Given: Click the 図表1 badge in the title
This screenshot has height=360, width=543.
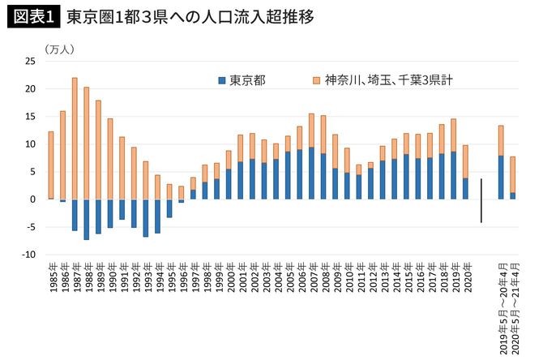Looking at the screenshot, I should pyautogui.click(x=33, y=16).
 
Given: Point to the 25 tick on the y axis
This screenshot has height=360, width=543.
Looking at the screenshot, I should pyautogui.click(x=30, y=62).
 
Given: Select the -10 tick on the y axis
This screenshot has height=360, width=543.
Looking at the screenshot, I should pyautogui.click(x=28, y=255).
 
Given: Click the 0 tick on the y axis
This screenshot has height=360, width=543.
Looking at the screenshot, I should pyautogui.click(x=32, y=199).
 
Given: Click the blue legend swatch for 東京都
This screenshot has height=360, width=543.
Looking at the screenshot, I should pyautogui.click(x=221, y=81).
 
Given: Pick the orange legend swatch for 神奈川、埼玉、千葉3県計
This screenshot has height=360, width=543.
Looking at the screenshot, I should pyautogui.click(x=314, y=81).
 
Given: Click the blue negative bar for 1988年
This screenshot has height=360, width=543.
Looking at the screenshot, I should pyautogui.click(x=87, y=219).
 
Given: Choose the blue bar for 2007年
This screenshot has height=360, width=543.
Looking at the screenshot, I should pyautogui.click(x=311, y=173).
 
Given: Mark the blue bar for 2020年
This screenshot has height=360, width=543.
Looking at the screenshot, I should pyautogui.click(x=466, y=188).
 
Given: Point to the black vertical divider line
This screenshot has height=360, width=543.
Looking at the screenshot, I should pyautogui.click(x=481, y=200).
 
